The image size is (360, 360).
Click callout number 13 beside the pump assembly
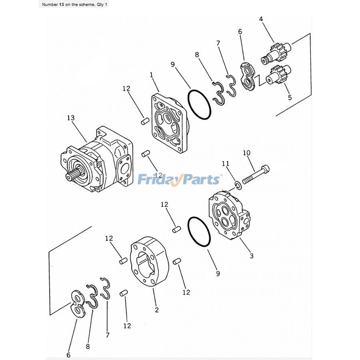70,118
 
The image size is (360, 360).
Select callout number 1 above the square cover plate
152,75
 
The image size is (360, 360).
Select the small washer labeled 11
238,185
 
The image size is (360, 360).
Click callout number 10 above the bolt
246,153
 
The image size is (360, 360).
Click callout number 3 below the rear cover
251,256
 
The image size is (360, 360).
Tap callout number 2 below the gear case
156,309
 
